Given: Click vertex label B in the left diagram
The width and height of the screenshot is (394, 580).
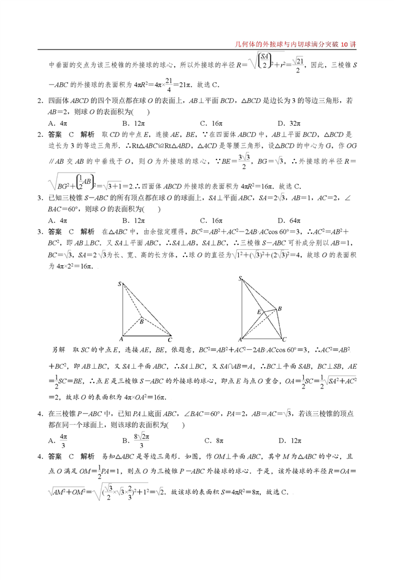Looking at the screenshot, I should point(141,321).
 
